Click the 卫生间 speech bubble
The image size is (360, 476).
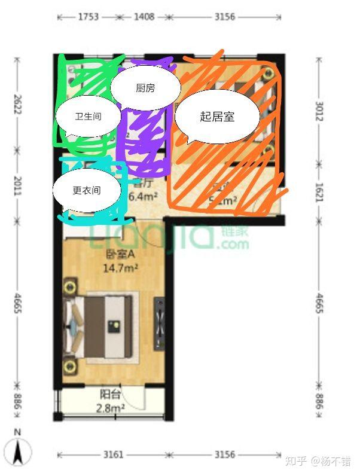click(x=87, y=116)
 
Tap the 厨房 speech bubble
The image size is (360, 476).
click(x=145, y=88)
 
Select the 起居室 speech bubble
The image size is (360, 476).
click(x=216, y=117)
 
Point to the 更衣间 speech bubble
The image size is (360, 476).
click(x=87, y=190)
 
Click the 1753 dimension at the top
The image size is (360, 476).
click(x=88, y=17)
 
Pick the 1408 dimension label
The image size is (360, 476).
click(x=143, y=17)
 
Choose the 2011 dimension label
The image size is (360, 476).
click(x=17, y=185)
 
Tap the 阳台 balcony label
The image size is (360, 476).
click(x=110, y=395)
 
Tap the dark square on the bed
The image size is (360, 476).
click(x=112, y=325)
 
